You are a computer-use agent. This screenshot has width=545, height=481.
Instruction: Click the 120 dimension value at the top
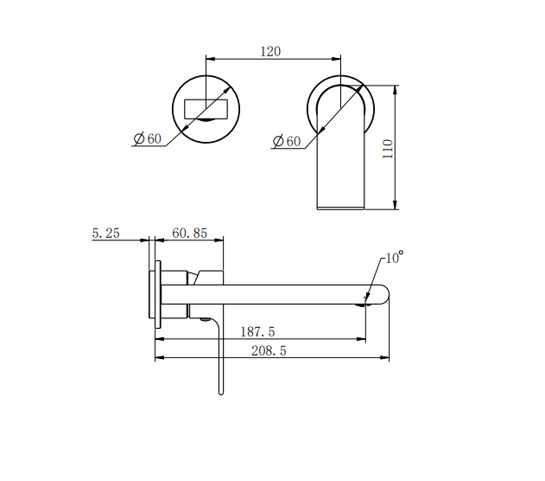(x=270, y=51)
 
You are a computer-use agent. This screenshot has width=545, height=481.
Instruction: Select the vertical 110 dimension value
(x=388, y=148)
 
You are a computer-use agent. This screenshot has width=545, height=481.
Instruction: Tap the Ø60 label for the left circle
(x=148, y=138)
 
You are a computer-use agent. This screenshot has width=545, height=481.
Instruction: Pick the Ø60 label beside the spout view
(x=287, y=140)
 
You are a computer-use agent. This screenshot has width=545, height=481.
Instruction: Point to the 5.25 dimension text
(x=105, y=233)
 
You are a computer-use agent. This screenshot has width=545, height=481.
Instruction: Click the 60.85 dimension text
(x=190, y=233)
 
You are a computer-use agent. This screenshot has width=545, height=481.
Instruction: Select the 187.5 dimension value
(x=258, y=332)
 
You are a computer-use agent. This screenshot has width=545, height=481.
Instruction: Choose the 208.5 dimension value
(x=269, y=350)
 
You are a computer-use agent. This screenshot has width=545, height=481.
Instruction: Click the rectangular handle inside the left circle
(x=205, y=109)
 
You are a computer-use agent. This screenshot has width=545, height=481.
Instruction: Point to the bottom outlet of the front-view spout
(x=341, y=206)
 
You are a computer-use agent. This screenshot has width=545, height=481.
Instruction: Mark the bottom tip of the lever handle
(x=219, y=391)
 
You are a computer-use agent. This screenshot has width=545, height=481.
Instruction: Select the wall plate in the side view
(x=157, y=291)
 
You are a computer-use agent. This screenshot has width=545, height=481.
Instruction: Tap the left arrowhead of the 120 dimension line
(x=209, y=60)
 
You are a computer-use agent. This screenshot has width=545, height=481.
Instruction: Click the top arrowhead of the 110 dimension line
(x=396, y=88)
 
